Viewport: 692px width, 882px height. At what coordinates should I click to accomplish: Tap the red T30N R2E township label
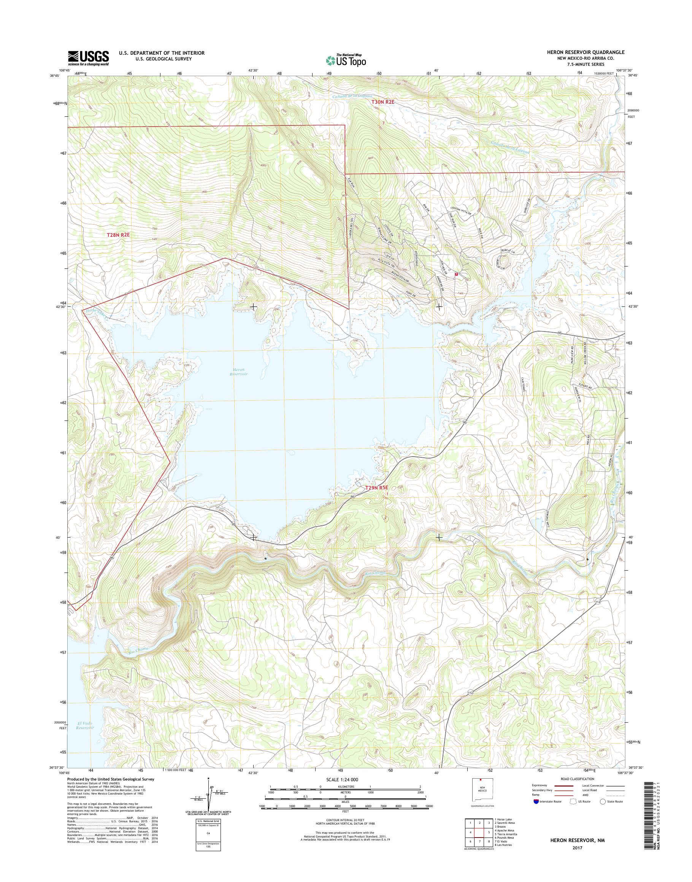pos(383,103)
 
